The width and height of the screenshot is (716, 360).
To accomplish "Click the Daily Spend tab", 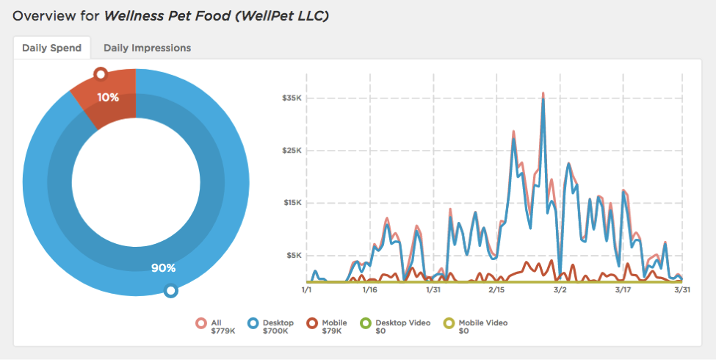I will [x=51, y=48].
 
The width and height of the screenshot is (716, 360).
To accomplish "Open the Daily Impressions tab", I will [x=147, y=48].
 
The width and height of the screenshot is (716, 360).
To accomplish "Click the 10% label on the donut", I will [x=107, y=97].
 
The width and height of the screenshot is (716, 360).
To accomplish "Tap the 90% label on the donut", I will [x=163, y=268].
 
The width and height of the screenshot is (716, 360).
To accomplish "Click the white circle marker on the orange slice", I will [x=101, y=73].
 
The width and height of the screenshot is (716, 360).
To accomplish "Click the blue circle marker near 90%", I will [x=171, y=291].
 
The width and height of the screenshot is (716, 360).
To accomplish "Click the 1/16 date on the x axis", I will [x=369, y=290].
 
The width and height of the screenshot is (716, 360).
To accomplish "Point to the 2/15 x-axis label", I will [x=496, y=290].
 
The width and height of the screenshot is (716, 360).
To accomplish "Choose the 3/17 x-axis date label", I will [x=622, y=290].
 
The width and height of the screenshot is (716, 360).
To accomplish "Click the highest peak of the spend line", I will [x=543, y=93].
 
